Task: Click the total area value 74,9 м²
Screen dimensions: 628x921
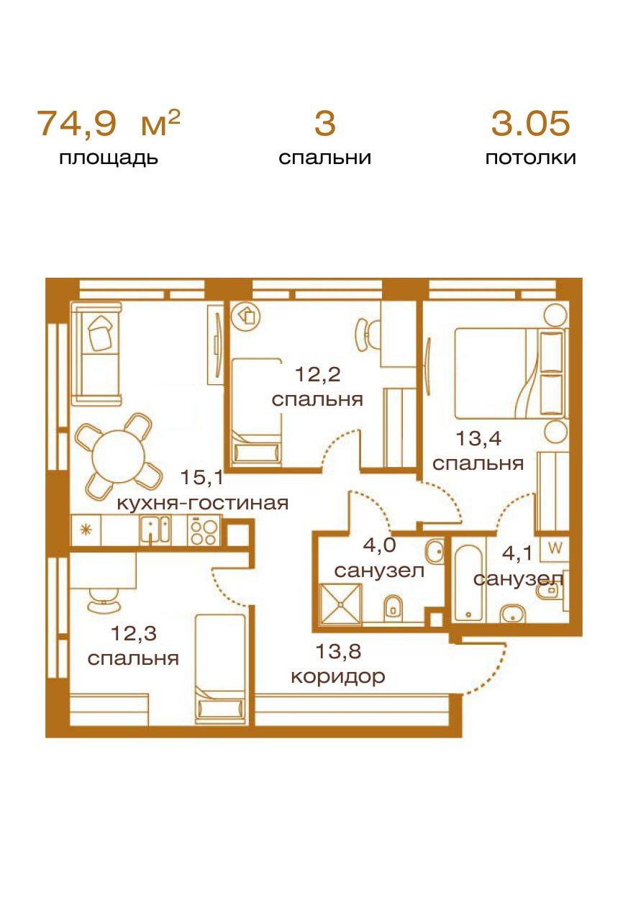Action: [x=109, y=123]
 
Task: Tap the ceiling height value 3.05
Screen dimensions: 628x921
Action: [x=531, y=123]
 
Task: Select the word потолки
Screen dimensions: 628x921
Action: [x=531, y=158]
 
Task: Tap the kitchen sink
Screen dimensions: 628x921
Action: [x=155, y=530]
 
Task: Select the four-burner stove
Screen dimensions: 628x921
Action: [x=204, y=531]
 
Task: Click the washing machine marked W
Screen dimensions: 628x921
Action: [x=555, y=548]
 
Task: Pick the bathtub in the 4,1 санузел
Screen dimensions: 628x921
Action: [x=468, y=583]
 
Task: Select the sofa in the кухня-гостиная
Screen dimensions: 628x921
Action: [x=96, y=353]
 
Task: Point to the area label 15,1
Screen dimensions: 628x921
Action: [x=202, y=477]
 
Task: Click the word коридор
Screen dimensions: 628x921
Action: [x=338, y=677]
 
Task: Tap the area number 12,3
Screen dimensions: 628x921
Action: [x=134, y=634]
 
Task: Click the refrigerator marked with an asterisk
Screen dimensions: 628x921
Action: [x=86, y=530]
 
